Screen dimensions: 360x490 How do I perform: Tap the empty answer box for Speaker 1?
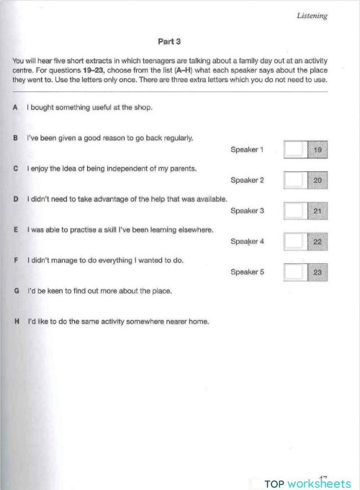tap(295, 150)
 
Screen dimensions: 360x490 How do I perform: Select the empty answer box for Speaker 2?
tap(295, 180)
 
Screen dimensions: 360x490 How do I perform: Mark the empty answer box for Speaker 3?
tap(295, 211)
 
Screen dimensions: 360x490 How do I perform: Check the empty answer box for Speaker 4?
tap(295, 242)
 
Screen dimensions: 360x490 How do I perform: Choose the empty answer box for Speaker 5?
tap(295, 272)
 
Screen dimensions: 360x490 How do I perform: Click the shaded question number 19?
tap(318, 150)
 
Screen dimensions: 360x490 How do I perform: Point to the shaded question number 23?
tap(318, 272)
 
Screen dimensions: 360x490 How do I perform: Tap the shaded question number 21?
tap(318, 211)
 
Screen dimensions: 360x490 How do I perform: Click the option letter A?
tap(15, 108)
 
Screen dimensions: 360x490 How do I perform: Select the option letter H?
tap(16, 321)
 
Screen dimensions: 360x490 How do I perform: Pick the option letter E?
tap(15, 229)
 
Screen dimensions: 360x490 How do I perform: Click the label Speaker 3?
tap(247, 211)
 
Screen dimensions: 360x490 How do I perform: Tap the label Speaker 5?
tap(247, 272)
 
